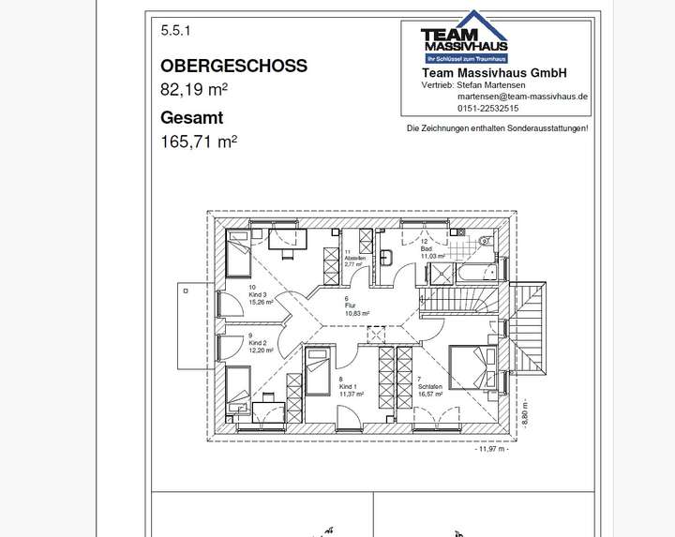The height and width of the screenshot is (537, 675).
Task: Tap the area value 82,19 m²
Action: coord(194,90)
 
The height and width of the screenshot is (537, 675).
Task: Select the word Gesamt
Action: coord(192,118)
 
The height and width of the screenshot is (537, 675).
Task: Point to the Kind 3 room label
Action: coord(260,295)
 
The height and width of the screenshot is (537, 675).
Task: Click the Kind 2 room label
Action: coord(258,344)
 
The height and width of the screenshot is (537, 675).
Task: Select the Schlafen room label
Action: coord(430,388)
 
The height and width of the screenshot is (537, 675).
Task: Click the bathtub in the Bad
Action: coord(475,272)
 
